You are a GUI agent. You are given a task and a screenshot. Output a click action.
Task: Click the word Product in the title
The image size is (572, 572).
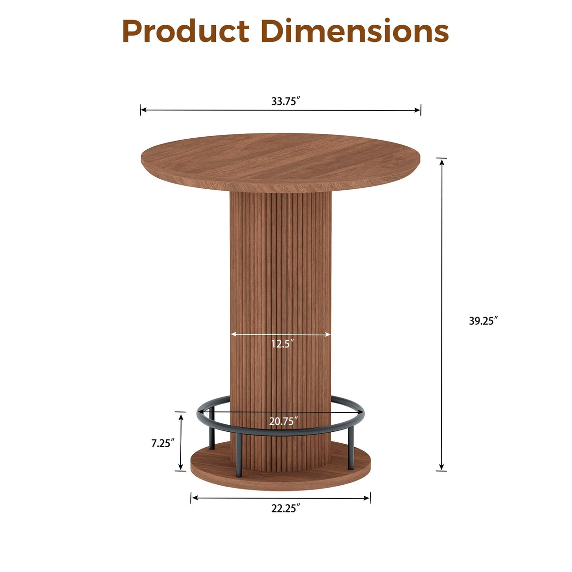(x=186, y=31)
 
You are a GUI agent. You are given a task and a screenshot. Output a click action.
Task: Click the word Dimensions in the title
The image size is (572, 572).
(x=355, y=31)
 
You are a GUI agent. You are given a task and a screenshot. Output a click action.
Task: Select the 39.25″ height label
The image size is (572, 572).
(x=483, y=321)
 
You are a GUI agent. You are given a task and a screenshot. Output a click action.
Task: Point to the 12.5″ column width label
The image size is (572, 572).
(x=282, y=344)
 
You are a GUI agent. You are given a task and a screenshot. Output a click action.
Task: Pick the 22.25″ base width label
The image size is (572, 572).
(x=284, y=509)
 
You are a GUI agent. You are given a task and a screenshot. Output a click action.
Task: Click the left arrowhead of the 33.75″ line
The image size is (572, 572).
(x=143, y=110)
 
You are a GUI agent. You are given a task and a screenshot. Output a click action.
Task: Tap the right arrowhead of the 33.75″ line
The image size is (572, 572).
(x=418, y=111)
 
